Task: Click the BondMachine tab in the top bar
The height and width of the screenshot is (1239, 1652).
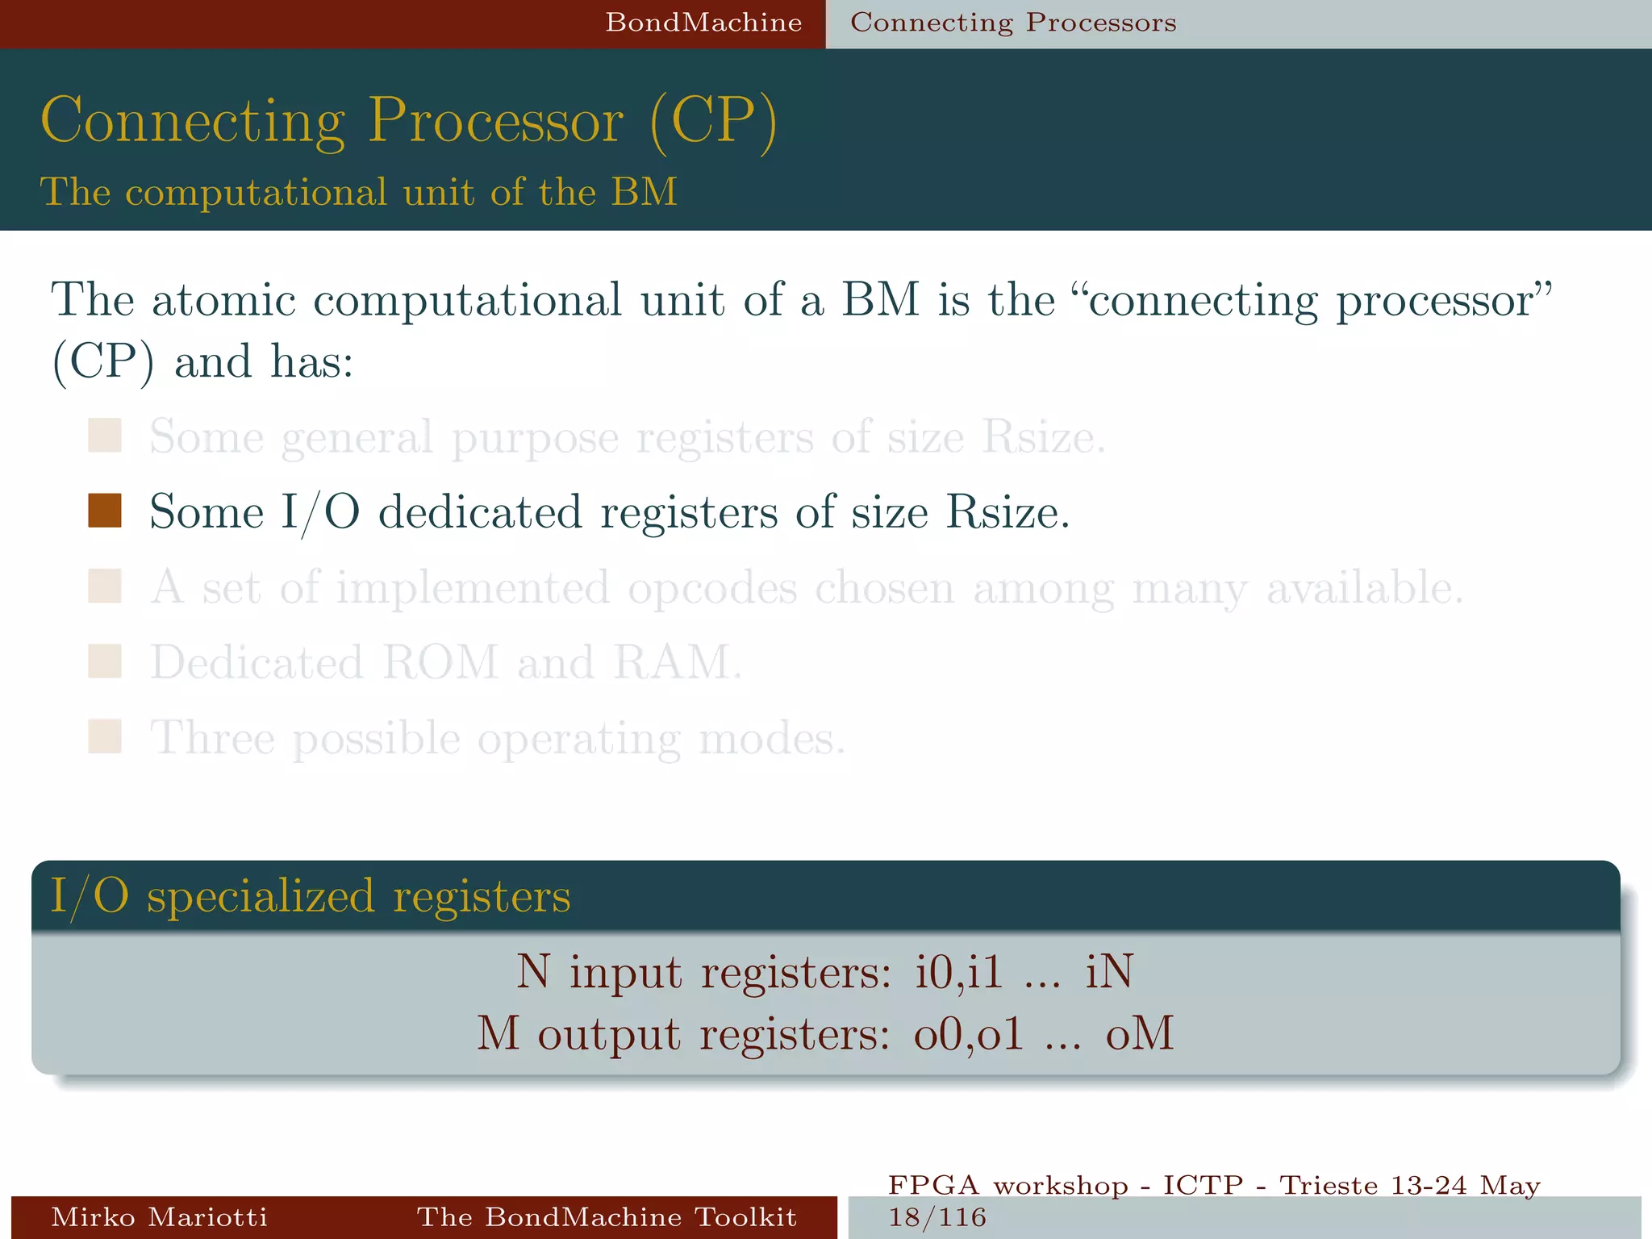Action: coord(703,23)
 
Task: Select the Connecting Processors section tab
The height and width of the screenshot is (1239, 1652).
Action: coord(1013,23)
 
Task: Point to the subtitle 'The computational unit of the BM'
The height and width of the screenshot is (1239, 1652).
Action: coord(359,192)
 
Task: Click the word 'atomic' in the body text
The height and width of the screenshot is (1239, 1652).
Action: coord(223,300)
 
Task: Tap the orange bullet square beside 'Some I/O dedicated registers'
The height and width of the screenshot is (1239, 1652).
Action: coord(105,511)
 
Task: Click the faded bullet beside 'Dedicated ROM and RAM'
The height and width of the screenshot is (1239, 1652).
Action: coord(105,661)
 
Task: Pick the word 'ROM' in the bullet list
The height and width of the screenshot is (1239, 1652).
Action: coord(440,662)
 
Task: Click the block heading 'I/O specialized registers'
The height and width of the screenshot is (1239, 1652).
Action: coord(311,896)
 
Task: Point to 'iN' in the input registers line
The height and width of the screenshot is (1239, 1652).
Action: coord(1109,971)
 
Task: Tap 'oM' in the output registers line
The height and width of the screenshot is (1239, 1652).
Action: coord(1139,1033)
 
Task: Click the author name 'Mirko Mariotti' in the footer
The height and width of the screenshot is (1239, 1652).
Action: coord(159,1216)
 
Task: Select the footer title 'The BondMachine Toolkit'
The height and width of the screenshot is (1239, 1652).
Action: coord(607,1216)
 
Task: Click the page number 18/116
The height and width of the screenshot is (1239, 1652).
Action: coord(937,1216)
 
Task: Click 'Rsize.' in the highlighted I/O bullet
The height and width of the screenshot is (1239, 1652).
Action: coord(1007,512)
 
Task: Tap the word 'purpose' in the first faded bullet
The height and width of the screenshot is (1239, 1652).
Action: coord(535,438)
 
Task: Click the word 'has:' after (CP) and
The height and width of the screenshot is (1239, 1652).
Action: coord(311,361)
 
